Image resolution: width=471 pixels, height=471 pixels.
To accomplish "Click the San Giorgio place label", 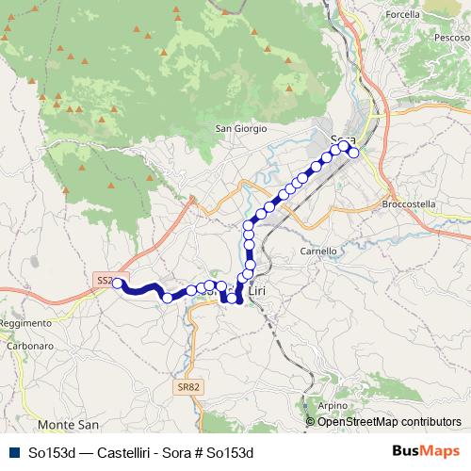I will click(x=242, y=128).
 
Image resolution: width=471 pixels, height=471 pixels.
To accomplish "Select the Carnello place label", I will click(x=317, y=252).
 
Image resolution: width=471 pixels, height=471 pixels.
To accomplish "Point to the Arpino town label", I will click(x=333, y=405).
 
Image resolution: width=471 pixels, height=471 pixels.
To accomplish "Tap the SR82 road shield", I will click(x=188, y=386).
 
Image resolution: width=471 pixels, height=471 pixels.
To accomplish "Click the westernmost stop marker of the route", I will click(x=118, y=282).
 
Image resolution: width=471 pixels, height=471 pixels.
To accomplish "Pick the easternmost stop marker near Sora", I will click(x=353, y=154).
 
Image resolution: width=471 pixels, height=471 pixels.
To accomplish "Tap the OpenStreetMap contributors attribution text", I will click(x=389, y=421).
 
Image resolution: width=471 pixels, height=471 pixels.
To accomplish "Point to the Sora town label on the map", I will click(x=344, y=140).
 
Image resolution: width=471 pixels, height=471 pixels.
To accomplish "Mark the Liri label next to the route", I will click(x=256, y=292).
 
